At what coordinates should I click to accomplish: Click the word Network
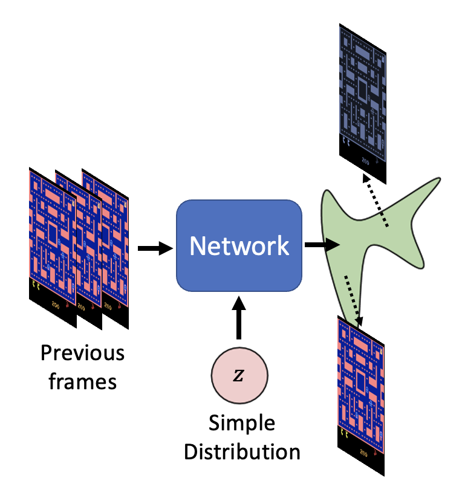pos(238,246)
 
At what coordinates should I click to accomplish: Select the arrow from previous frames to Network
pos(155,248)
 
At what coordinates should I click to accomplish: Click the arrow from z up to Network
pos(239,317)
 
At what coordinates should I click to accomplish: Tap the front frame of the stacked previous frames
pos(51,242)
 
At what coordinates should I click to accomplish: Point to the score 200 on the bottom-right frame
pos(364,450)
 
